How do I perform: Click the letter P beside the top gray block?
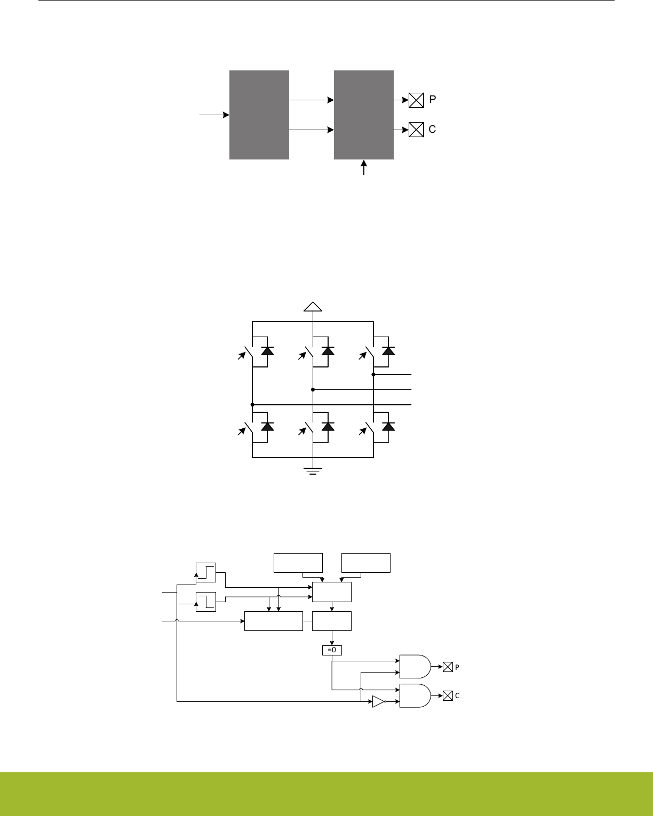click(x=433, y=100)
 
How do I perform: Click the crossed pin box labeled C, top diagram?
click(x=416, y=130)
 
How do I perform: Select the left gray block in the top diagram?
click(x=259, y=115)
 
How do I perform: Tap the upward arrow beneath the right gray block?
click(x=364, y=167)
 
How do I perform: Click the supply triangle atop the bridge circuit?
click(x=313, y=306)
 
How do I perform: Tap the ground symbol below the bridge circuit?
click(x=313, y=470)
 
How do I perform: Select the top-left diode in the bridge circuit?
click(x=267, y=350)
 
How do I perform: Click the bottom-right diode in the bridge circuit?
click(x=389, y=426)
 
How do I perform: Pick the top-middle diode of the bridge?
click(x=328, y=350)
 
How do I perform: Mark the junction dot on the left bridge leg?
click(x=252, y=405)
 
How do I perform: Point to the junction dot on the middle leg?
click(x=313, y=390)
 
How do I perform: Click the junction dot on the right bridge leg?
click(x=373, y=374)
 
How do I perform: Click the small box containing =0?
click(x=332, y=650)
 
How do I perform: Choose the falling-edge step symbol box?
click(x=206, y=602)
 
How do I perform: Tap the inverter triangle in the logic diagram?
click(x=378, y=702)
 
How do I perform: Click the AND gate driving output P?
click(x=415, y=666)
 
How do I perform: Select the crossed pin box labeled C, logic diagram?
click(x=448, y=695)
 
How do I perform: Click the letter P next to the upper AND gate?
click(x=457, y=667)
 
